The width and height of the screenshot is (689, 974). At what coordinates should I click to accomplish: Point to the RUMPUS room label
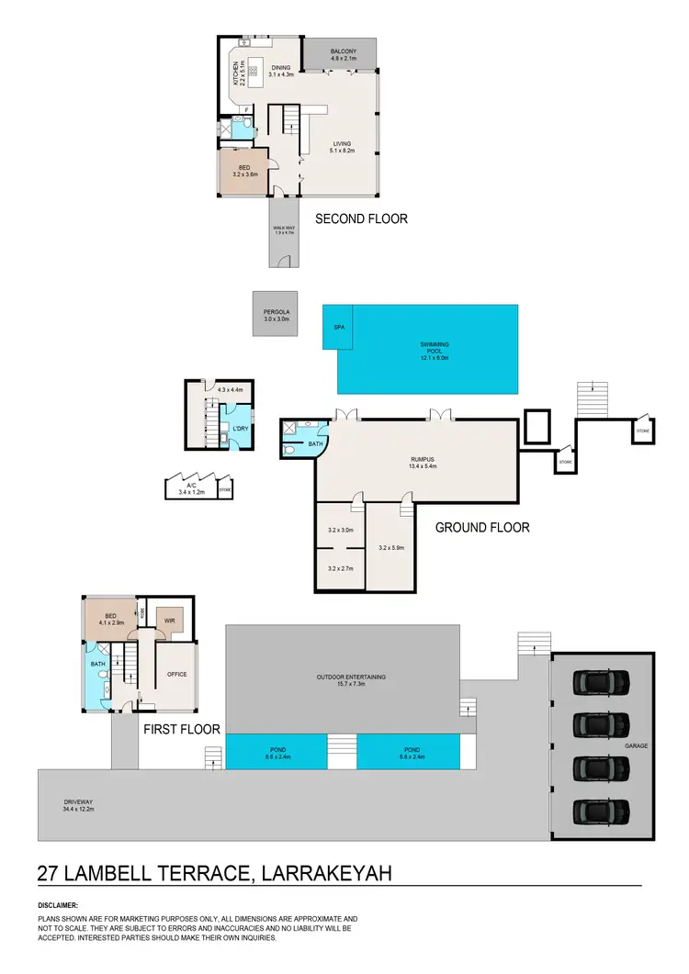pos(422,461)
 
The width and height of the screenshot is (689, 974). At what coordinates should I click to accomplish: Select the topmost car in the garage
pos(601,682)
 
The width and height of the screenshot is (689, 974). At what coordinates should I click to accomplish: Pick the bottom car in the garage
pos(601,812)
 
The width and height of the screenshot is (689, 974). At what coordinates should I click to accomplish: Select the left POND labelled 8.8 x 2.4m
pos(277,753)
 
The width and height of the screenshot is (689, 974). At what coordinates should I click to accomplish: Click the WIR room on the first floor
pos(170,621)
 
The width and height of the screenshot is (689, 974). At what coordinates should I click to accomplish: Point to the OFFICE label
pos(176,674)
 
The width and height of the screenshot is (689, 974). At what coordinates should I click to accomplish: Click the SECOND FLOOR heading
pos(361,218)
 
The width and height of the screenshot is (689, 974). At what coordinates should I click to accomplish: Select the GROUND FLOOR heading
pos(481,528)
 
